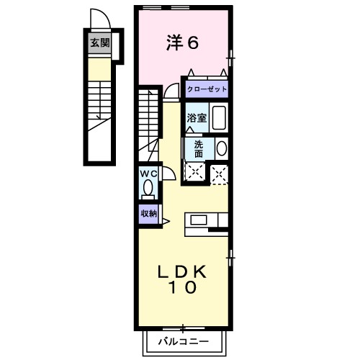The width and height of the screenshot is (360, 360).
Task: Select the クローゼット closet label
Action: coord(207,89)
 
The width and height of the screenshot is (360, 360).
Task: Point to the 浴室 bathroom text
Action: coord(197,117)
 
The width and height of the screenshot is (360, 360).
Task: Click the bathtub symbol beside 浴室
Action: coord(219,117)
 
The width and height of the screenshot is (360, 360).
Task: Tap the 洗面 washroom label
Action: coord(198,148)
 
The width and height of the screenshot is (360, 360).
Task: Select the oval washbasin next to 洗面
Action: coord(221,148)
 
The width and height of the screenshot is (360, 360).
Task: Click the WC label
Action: coord(148,174)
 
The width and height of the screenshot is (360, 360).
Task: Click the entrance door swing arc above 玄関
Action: coord(98,19)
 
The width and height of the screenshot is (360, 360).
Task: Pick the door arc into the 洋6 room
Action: coord(171,91)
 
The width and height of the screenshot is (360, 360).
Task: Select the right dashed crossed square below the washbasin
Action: coord(219,173)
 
